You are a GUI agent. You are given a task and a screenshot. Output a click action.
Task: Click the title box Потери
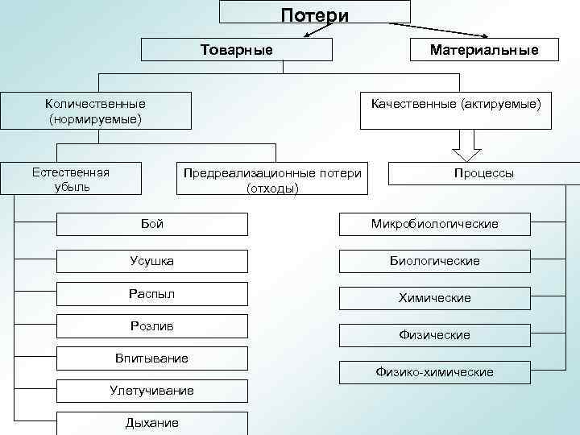(x=315, y=13)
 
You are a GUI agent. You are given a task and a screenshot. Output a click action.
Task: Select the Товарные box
(x=236, y=50)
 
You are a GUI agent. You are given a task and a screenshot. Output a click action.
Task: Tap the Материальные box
(x=483, y=50)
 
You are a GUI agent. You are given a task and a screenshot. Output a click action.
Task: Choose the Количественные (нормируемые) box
(x=96, y=111)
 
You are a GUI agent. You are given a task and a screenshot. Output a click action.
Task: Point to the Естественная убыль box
(x=71, y=179)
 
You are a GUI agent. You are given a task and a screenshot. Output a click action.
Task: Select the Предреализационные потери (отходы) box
(x=272, y=180)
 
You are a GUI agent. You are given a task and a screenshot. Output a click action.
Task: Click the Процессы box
(x=483, y=173)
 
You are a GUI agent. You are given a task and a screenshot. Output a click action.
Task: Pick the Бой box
(x=151, y=224)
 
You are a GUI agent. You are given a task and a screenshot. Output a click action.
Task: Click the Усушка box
(x=151, y=261)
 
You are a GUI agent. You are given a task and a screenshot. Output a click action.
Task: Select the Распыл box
(x=151, y=294)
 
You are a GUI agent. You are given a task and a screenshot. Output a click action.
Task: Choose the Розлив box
(x=151, y=326)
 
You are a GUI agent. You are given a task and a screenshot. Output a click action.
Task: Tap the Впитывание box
(x=151, y=358)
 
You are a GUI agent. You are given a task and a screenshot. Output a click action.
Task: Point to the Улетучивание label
(x=151, y=391)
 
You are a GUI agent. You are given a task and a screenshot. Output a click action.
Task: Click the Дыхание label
(x=151, y=423)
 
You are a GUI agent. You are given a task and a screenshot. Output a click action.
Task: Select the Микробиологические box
(x=434, y=224)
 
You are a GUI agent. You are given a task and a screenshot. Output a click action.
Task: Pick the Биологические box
(x=434, y=261)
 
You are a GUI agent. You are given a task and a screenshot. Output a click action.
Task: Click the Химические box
(x=434, y=298)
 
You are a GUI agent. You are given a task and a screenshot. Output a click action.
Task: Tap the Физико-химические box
(x=434, y=372)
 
